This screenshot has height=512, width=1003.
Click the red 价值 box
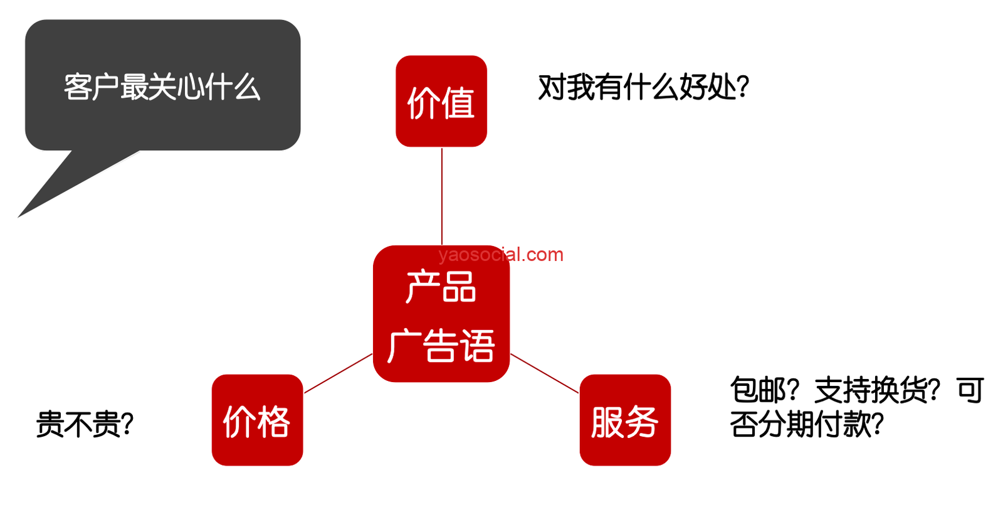[441, 101]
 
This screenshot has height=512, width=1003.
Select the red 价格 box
[258, 420]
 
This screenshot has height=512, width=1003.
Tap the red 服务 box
[625, 420]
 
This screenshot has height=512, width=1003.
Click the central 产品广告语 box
[441, 314]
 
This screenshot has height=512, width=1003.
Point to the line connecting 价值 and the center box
[442, 196]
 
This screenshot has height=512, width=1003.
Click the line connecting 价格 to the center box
[338, 373]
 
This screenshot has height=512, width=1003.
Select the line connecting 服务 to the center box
[545, 373]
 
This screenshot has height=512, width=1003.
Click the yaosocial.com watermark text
[501, 255]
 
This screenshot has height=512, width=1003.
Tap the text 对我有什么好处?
[643, 87]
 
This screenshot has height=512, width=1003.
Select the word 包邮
[758, 390]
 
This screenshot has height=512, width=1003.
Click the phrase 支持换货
[871, 390]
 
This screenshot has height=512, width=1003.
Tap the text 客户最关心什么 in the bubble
[162, 87]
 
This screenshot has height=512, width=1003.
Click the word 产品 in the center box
[441, 287]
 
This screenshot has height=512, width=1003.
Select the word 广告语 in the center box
[441, 345]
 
